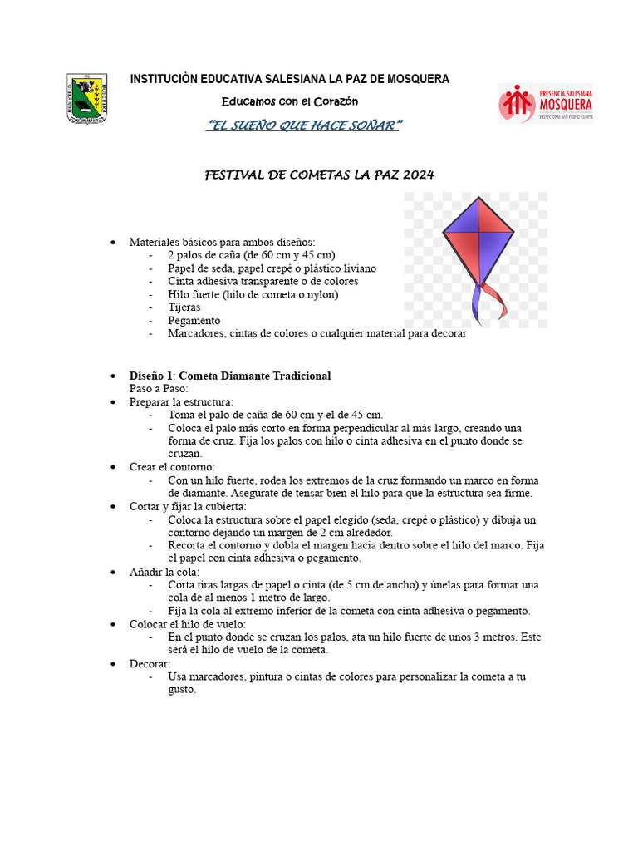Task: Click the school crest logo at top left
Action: click(x=86, y=100)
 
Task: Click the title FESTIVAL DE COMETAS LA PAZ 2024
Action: click(x=319, y=175)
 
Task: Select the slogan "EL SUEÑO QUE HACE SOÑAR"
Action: click(x=304, y=125)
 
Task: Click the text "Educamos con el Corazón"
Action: click(x=289, y=101)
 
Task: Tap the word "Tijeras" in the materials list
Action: click(x=184, y=307)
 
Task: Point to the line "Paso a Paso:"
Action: click(x=159, y=388)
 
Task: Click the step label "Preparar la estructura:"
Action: click(x=181, y=401)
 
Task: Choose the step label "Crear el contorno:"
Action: click(x=171, y=467)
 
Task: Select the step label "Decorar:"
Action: click(x=150, y=663)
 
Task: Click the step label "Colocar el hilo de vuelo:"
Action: click(x=187, y=624)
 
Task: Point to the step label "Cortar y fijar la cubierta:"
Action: click(x=187, y=506)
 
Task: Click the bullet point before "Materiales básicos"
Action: click(x=114, y=242)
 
